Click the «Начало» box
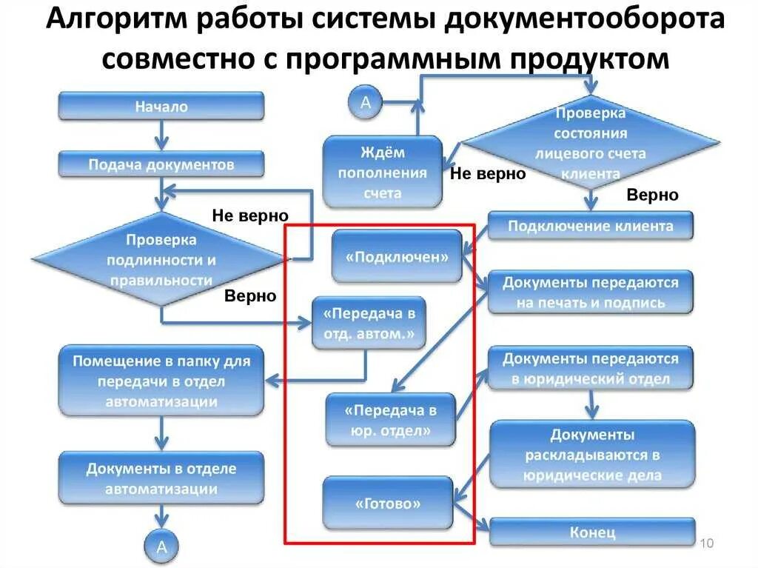pos(161,107)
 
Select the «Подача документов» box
pos(161,164)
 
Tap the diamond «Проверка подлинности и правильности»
pos(161,260)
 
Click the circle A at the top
pos(365,103)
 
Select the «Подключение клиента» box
pos(590,226)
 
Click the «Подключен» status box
pos(397,257)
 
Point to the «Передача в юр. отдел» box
pos(391,419)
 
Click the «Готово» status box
pos(388,504)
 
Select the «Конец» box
pos(592,532)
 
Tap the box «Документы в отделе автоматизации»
pos(161,478)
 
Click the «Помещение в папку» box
pos(161,381)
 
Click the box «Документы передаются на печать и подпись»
pos(590,292)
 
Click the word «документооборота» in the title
pos(585,22)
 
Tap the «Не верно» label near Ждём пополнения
pos(488,174)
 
